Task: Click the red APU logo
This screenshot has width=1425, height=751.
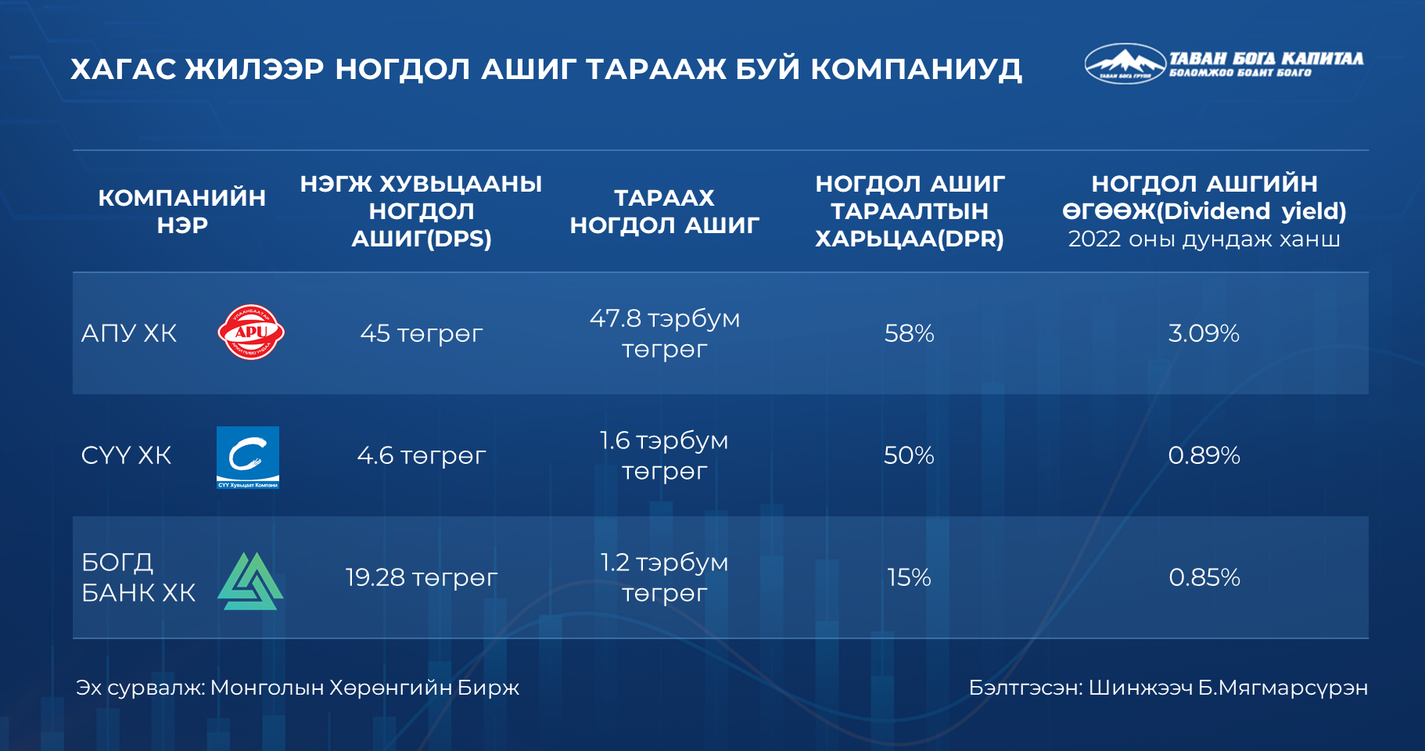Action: click(250, 332)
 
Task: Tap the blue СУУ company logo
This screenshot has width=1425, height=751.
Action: click(248, 458)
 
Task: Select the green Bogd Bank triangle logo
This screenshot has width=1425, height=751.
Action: click(250, 581)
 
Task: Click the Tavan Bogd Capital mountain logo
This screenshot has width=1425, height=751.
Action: click(1125, 63)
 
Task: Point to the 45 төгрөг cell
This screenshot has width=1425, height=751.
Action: click(422, 334)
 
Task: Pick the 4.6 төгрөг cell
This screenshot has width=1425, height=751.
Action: click(422, 455)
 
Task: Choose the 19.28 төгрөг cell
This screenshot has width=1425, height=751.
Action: click(422, 577)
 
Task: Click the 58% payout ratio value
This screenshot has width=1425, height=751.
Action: click(909, 334)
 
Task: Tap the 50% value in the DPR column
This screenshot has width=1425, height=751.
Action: click(909, 455)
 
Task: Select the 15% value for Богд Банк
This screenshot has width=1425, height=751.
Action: click(909, 577)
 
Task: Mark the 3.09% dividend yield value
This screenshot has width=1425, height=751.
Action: click(1204, 334)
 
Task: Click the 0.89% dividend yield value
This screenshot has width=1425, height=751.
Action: click(1204, 455)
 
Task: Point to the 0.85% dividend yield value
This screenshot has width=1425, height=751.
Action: click(1204, 577)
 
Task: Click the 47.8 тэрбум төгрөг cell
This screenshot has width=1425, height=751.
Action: click(665, 334)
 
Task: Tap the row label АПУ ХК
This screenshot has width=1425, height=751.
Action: click(129, 333)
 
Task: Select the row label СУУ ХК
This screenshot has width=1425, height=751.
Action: click(126, 455)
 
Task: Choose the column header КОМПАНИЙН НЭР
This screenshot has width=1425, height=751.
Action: click(181, 211)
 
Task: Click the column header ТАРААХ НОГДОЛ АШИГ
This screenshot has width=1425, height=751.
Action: click(665, 211)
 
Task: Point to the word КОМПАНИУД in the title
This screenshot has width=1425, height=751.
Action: click(916, 70)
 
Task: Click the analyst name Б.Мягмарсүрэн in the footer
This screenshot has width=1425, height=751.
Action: click(1283, 688)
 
